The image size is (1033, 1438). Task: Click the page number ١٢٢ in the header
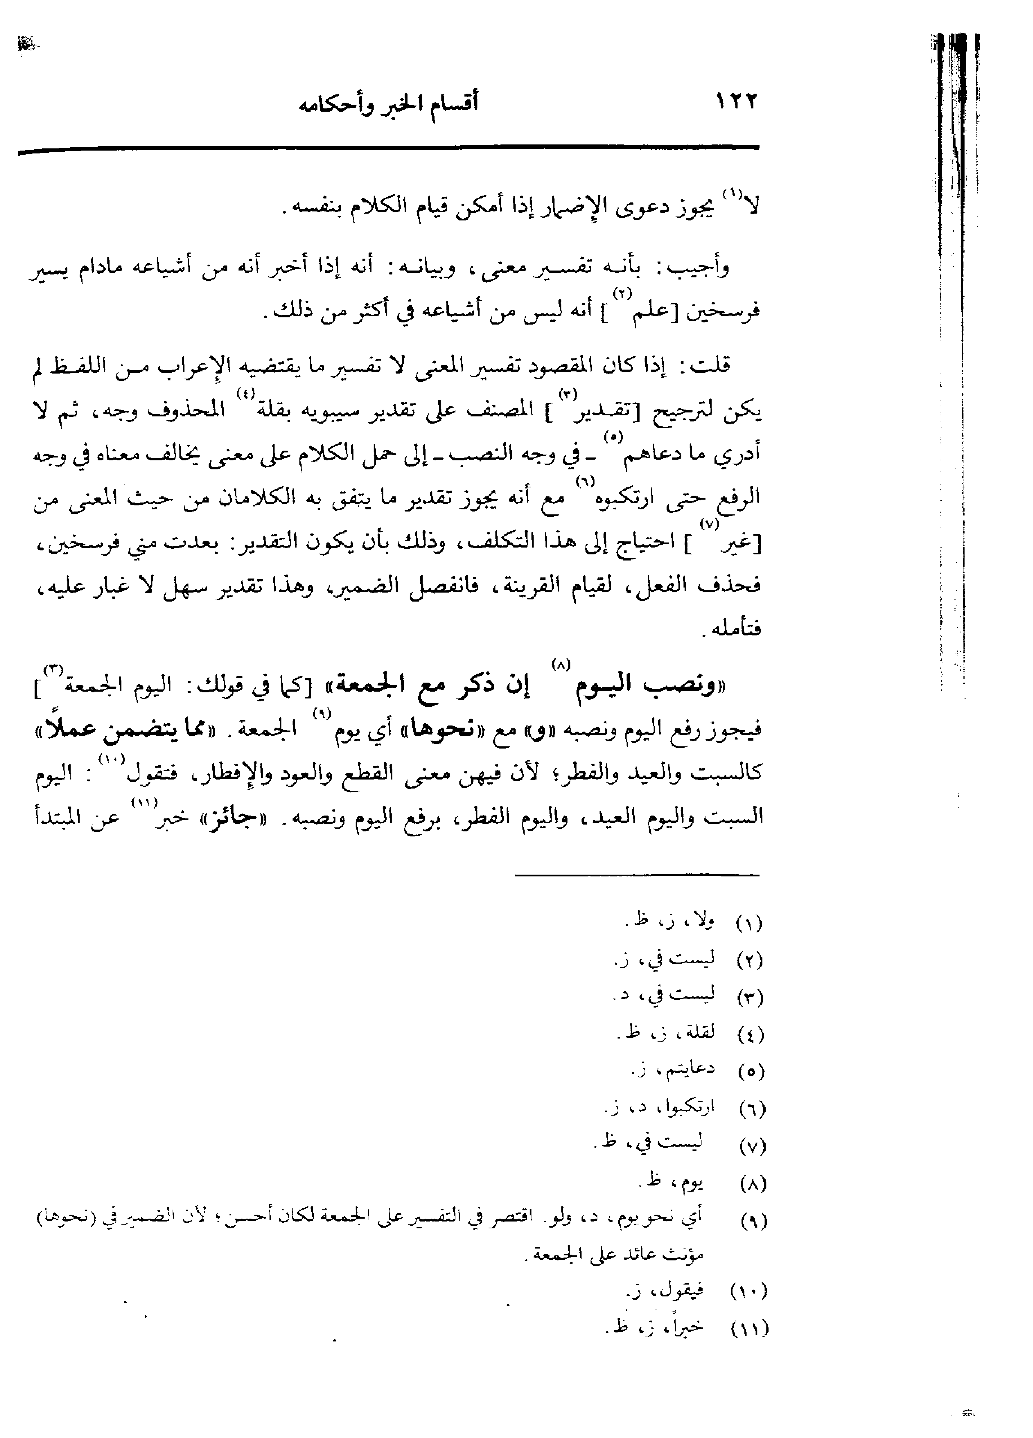tap(736, 102)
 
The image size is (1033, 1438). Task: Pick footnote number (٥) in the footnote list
tap(752, 1072)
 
